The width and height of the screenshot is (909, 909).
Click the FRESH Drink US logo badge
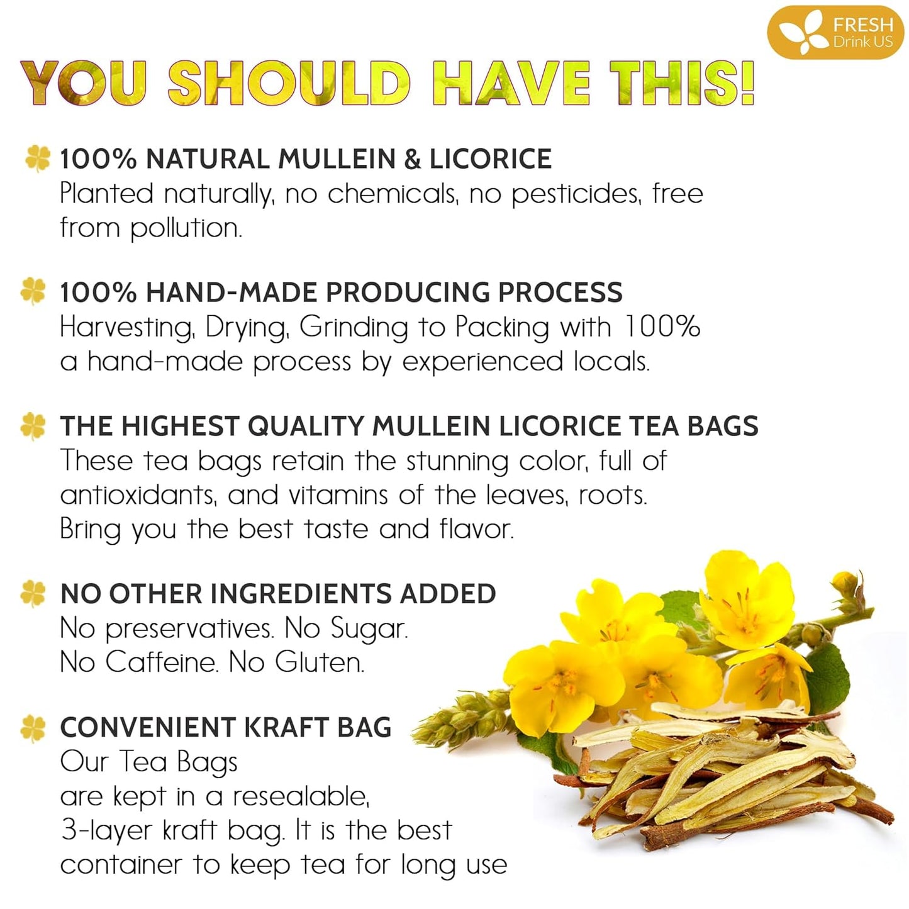(x=835, y=33)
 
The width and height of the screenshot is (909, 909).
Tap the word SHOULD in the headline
(x=289, y=83)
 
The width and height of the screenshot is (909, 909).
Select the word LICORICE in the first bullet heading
(x=490, y=159)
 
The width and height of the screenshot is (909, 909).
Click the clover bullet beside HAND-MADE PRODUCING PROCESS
(x=33, y=291)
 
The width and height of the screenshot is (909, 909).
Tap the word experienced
(x=482, y=362)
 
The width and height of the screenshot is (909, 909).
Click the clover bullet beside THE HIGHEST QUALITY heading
(x=33, y=426)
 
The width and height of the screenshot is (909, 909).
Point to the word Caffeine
(x=161, y=662)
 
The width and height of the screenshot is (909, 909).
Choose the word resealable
(x=301, y=796)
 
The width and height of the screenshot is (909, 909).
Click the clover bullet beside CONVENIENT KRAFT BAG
(x=33, y=728)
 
